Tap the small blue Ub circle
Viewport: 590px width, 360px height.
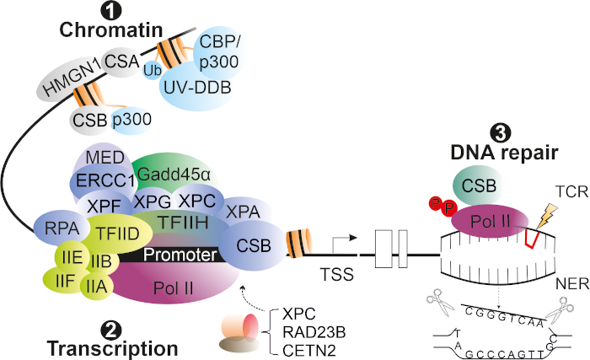point(153,70)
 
